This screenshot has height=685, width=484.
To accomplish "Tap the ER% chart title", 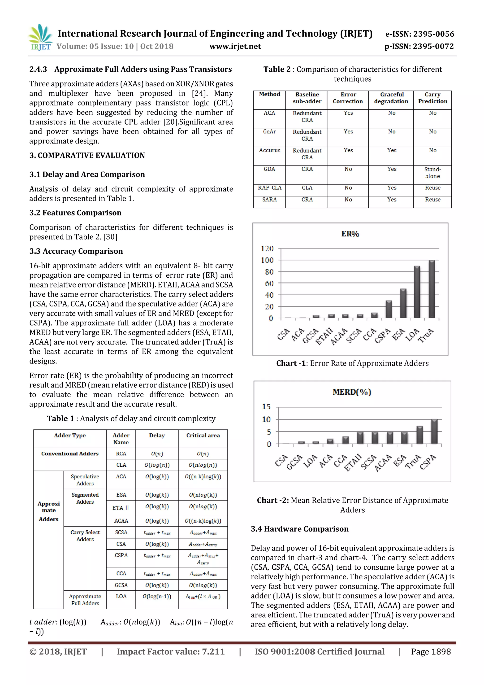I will click(350, 234).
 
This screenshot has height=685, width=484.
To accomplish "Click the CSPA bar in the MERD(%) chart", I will click(434, 432).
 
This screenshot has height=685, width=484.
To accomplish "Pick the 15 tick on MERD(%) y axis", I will click(266, 407).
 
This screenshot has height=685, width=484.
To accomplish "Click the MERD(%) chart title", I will click(352, 392).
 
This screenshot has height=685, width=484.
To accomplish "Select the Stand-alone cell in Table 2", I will click(432, 173).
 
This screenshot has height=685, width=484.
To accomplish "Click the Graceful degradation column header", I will click(391, 98).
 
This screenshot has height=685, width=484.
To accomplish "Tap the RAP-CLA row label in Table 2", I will click(269, 188).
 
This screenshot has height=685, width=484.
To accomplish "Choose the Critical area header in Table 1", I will click(203, 436).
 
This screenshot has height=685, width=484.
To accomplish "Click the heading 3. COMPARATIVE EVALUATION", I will click(87, 155).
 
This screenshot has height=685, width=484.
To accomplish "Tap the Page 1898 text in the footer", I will click(431, 652).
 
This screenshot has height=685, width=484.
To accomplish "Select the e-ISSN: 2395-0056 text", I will click(419, 34).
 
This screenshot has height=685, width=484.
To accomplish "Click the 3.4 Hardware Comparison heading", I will click(299, 529).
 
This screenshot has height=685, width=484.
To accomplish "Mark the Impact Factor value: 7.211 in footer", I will click(171, 652).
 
